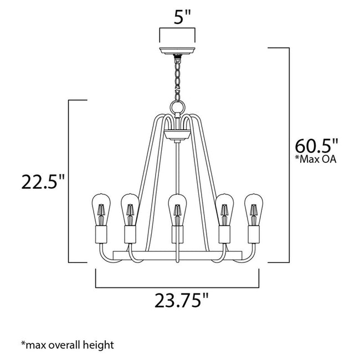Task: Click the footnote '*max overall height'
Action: pos(68,345)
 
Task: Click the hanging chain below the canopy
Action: pos(177,78)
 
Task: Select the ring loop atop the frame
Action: pos(177,105)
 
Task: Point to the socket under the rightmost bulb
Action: pos(254,235)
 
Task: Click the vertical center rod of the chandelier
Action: pos(177,166)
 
